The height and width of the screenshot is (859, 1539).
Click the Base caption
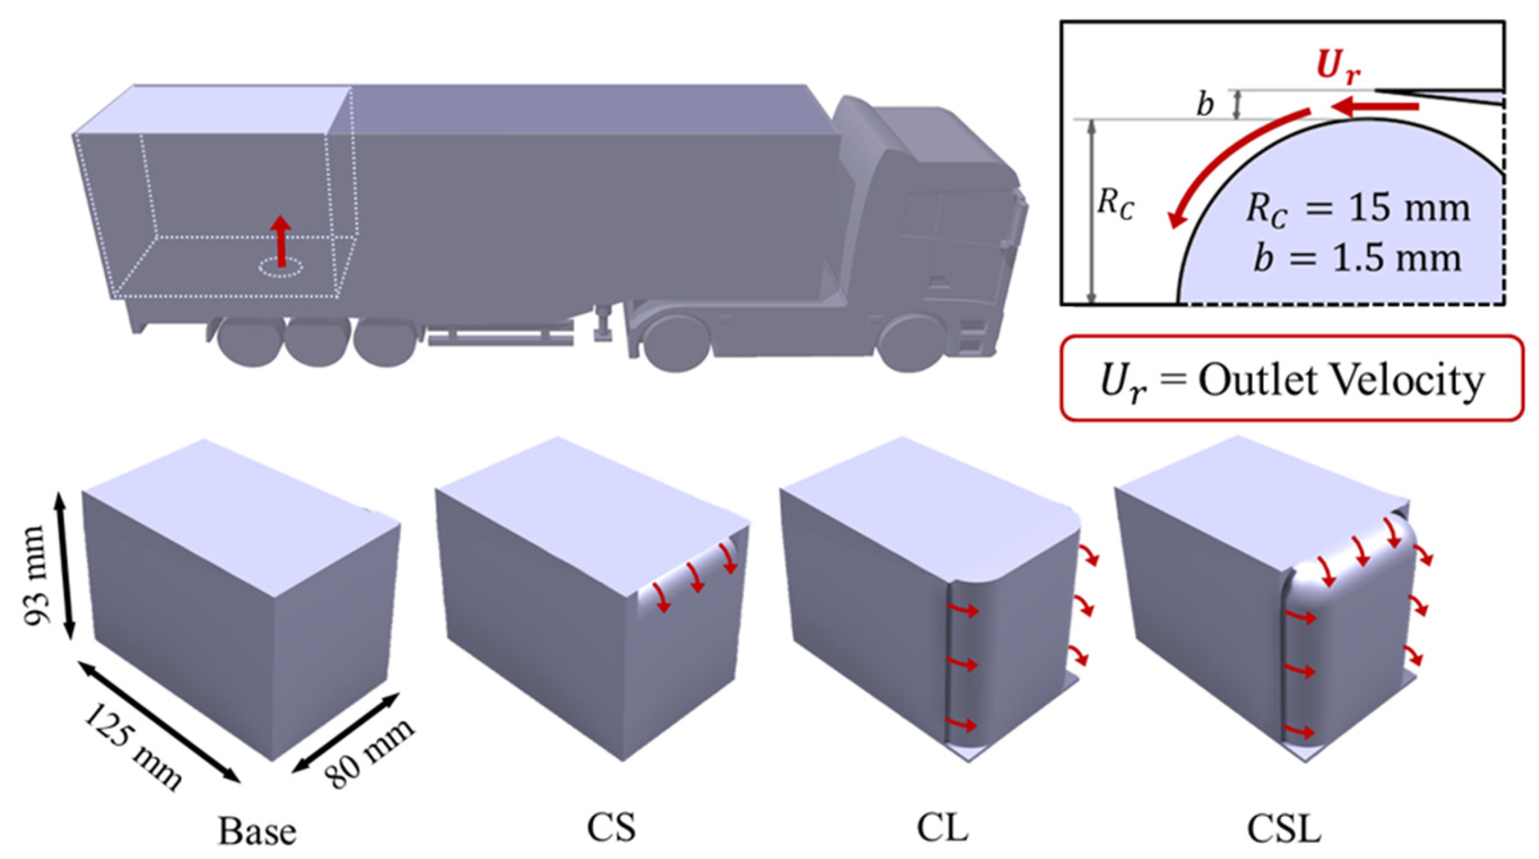pos(257,831)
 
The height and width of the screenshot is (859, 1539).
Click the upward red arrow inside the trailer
pos(280,240)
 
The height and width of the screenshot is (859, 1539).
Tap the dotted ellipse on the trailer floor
pos(280,268)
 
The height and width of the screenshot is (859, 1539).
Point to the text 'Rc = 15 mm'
pos(1358,209)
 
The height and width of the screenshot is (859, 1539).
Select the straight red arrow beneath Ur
pos(1374,124)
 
